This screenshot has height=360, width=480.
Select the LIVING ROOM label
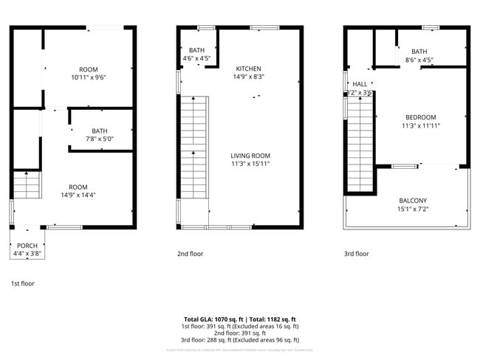(250, 156)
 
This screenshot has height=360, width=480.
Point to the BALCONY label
(413, 201)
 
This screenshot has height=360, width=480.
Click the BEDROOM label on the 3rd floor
(420, 117)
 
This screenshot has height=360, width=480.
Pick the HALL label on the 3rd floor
(360, 85)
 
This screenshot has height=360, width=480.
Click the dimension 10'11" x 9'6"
(89, 77)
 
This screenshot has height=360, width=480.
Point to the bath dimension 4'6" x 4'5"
(196, 58)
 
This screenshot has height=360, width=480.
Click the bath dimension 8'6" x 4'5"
(419, 60)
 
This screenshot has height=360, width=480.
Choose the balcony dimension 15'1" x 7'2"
(413, 209)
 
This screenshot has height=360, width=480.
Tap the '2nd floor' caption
(190, 254)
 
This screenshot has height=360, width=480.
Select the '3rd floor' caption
(356, 254)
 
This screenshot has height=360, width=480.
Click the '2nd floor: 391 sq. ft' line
(240, 333)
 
